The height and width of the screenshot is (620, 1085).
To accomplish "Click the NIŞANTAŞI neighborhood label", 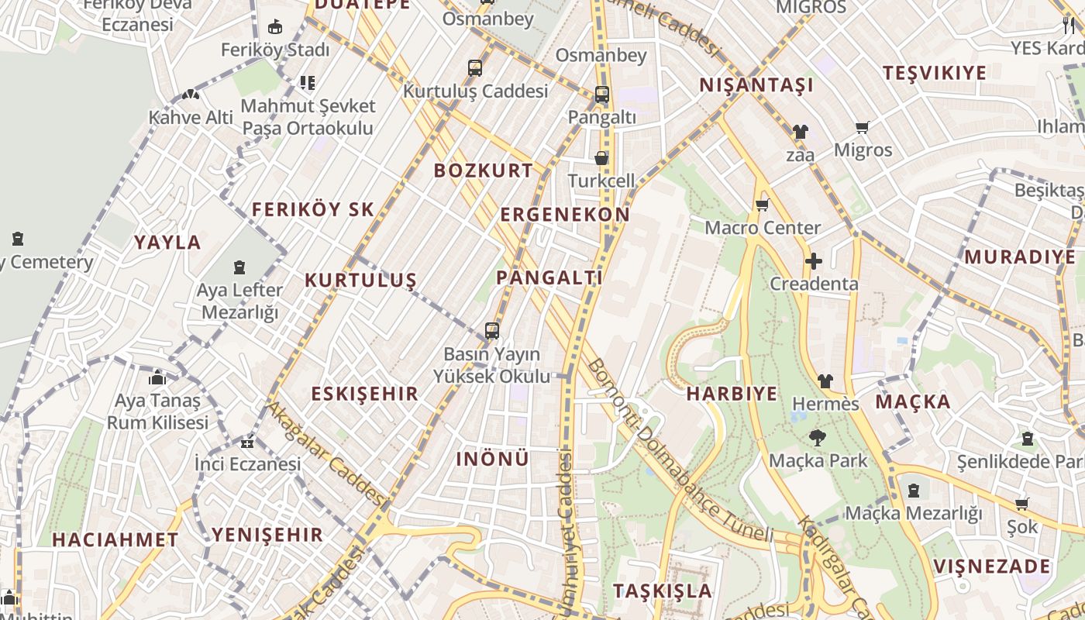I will point(756,85).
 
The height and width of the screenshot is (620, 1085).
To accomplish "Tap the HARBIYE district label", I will point(732,394).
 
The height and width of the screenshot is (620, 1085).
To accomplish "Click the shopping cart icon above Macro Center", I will point(762,205).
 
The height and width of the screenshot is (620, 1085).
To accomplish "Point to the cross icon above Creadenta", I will point(813,261).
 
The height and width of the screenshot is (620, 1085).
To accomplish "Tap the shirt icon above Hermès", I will point(825,381).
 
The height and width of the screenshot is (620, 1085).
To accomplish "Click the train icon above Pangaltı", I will point(601,95).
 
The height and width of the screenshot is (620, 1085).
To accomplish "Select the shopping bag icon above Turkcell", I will point(601,159).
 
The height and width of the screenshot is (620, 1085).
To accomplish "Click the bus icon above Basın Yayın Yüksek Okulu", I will point(491,331).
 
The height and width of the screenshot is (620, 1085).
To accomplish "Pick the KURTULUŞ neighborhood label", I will point(360,281).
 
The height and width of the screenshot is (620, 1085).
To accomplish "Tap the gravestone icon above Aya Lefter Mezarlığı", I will point(239,268).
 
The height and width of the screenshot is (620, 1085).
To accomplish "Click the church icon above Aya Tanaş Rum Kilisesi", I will point(157,378).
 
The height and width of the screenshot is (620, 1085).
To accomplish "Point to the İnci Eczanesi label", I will point(247,464).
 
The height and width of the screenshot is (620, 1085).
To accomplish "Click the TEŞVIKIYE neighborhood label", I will point(935,74).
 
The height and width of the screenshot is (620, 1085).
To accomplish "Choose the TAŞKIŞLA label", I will point(662,591).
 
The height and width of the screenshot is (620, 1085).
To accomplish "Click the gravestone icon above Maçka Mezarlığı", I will point(914,491).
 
